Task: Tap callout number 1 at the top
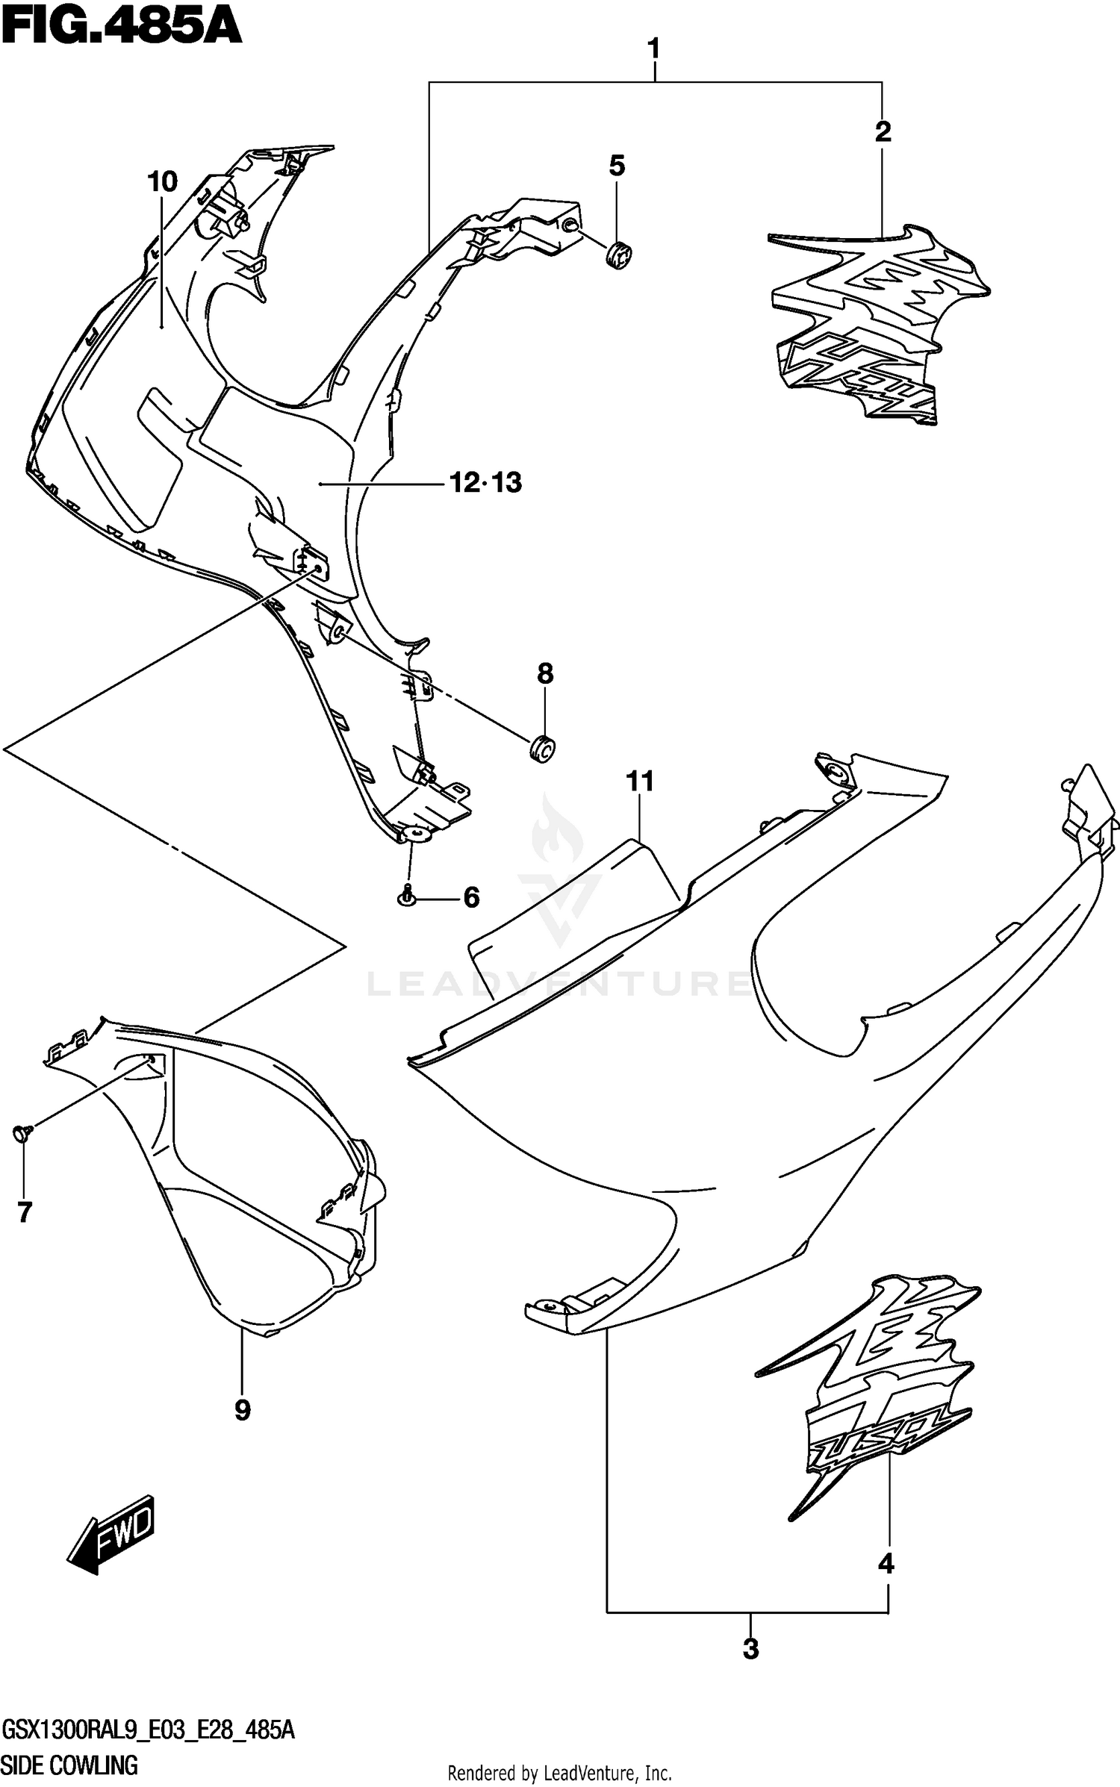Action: click(x=653, y=50)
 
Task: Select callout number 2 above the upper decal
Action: click(x=883, y=132)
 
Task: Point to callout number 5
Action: click(x=617, y=166)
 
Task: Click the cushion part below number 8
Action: click(x=544, y=749)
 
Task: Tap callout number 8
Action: click(x=545, y=674)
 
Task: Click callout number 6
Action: click(x=471, y=897)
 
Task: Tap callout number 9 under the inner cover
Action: click(x=242, y=1410)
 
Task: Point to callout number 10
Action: click(x=162, y=181)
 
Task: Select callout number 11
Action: click(x=640, y=782)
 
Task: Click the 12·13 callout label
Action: click(x=485, y=483)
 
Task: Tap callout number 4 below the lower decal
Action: click(x=886, y=1562)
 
